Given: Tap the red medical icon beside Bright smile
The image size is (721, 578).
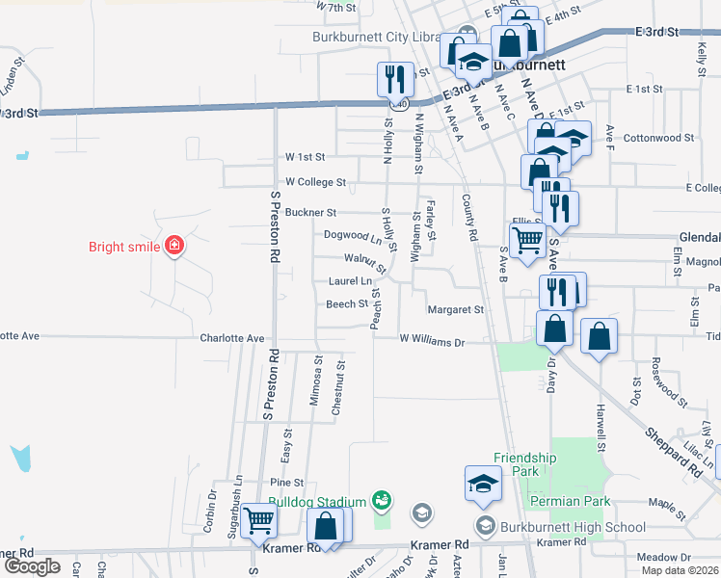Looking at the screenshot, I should tap(174, 247).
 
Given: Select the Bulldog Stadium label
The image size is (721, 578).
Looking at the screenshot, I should tap(317, 502).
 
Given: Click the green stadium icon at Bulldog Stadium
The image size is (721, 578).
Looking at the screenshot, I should tap(383, 500).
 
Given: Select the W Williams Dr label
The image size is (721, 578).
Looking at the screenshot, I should tap(433, 341).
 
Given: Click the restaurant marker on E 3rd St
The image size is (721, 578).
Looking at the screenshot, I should tap(394, 78).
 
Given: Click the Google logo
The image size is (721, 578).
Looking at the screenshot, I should tap(32, 566).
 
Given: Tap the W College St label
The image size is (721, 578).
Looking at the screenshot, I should tap(315, 182).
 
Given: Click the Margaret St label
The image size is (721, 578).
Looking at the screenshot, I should tap(455, 310).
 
